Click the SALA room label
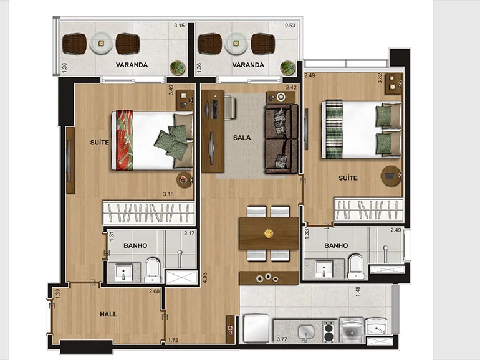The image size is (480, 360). coord(242,138)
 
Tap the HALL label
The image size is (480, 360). coord(108,314)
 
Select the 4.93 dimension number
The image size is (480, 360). coord(205,277)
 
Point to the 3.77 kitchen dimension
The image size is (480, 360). coord(282,339)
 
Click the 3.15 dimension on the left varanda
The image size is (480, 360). coord(180,26)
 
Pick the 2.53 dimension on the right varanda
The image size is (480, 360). coord(290,26)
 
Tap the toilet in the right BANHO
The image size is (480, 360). coord(355,267)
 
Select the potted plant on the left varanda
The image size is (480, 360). coord(178,68)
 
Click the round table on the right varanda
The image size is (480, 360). coord(236,44)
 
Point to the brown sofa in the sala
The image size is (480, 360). coord(281,139)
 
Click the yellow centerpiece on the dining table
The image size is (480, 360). coord(269,234)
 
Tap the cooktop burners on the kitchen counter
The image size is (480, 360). coord(329,331)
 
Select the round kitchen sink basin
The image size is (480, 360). coord(306,331)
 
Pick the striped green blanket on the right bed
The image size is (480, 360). coord(334,129)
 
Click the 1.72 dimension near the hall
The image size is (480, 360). coord(173,340)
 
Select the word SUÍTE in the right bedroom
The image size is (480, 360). coord(348,178)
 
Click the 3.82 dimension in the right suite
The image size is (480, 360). coord(380,78)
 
